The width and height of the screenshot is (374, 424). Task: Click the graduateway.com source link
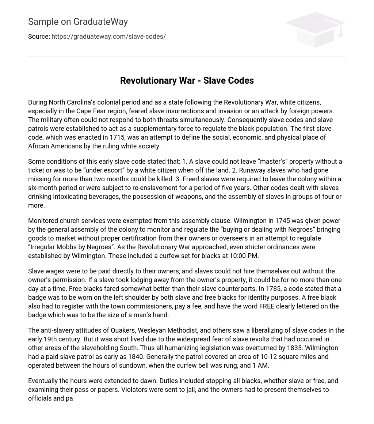108,37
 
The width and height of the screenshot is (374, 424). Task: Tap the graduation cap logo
315,30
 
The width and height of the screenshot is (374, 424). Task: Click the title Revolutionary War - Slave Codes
187,80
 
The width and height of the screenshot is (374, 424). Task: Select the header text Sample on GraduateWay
78,22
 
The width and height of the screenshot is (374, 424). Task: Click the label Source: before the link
39,37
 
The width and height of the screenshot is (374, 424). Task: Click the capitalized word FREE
267,306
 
